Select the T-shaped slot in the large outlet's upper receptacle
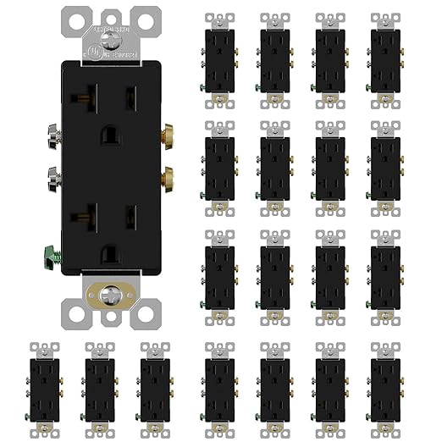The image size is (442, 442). [x=86, y=102]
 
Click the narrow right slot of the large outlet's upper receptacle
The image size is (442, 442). [x=130, y=102]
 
